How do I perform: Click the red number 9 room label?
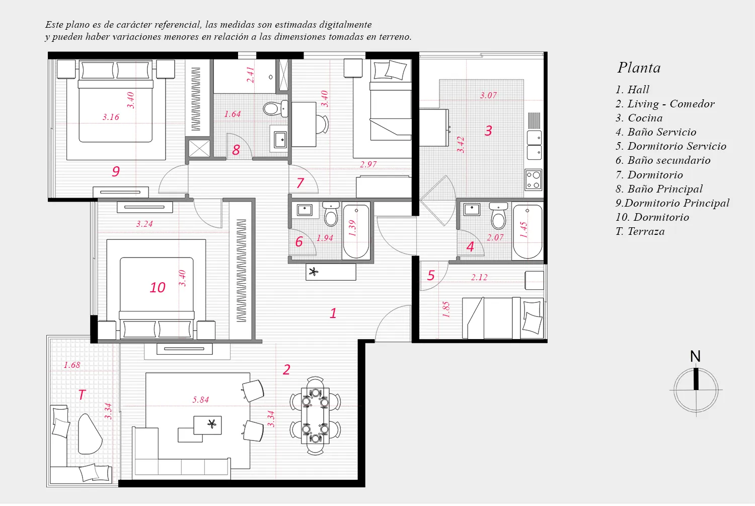click(x=116, y=171)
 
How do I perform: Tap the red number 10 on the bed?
click(x=158, y=288)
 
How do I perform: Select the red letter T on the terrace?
click(x=82, y=395)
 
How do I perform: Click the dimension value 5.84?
click(x=200, y=400)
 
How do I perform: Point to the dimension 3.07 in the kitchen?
click(x=488, y=96)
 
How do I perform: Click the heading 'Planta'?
click(x=639, y=68)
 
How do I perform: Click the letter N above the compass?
click(x=695, y=356)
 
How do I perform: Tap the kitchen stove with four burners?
click(x=534, y=179)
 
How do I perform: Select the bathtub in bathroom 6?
click(x=356, y=231)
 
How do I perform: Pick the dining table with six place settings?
click(x=315, y=415)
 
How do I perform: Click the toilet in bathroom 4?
click(x=498, y=216)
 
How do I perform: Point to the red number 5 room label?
click(x=431, y=276)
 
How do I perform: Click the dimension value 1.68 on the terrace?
click(x=72, y=365)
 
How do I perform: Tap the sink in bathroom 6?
click(x=305, y=210)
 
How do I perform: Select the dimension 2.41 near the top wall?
click(x=250, y=75)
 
